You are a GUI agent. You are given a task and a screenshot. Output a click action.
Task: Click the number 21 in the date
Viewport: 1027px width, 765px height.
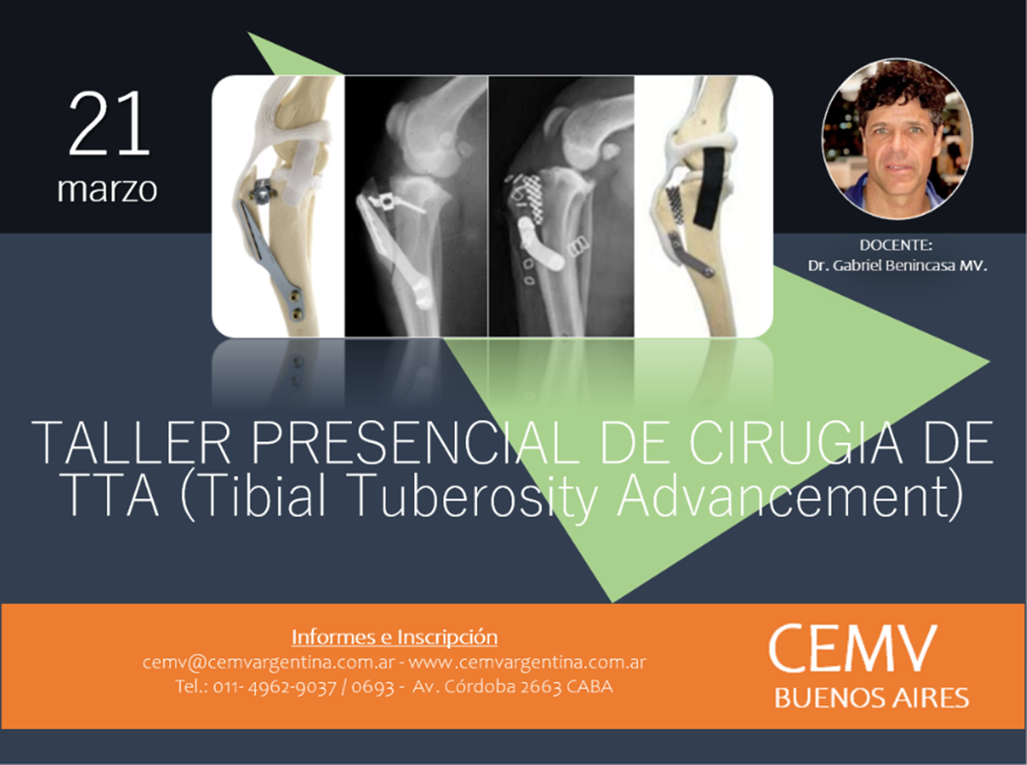point(110,124)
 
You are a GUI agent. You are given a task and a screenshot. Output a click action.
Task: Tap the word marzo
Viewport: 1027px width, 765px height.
point(107,189)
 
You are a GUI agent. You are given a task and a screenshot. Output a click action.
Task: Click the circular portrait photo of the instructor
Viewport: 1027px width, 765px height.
point(898,138)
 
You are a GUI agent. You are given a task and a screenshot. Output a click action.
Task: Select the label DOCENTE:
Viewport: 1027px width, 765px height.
point(895,245)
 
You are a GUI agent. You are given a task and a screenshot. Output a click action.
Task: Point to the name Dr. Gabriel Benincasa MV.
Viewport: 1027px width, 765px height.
point(897,266)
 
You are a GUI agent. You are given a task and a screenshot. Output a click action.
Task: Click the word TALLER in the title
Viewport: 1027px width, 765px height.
point(131,443)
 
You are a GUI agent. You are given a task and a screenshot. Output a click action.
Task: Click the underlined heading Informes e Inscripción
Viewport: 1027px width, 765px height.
point(394,637)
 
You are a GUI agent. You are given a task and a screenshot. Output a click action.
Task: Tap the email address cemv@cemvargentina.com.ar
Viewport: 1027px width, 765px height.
point(269,662)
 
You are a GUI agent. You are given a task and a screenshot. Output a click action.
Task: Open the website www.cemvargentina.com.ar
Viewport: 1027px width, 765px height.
point(527,662)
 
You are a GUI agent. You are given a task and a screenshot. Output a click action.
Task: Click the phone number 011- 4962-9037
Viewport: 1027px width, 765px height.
point(274,686)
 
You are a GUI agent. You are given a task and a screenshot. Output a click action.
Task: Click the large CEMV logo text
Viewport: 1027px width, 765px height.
point(852,648)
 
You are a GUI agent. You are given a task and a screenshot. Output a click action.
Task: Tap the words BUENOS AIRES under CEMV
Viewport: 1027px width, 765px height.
point(871,698)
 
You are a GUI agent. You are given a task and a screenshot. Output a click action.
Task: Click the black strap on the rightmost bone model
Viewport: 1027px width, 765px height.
point(711,188)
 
